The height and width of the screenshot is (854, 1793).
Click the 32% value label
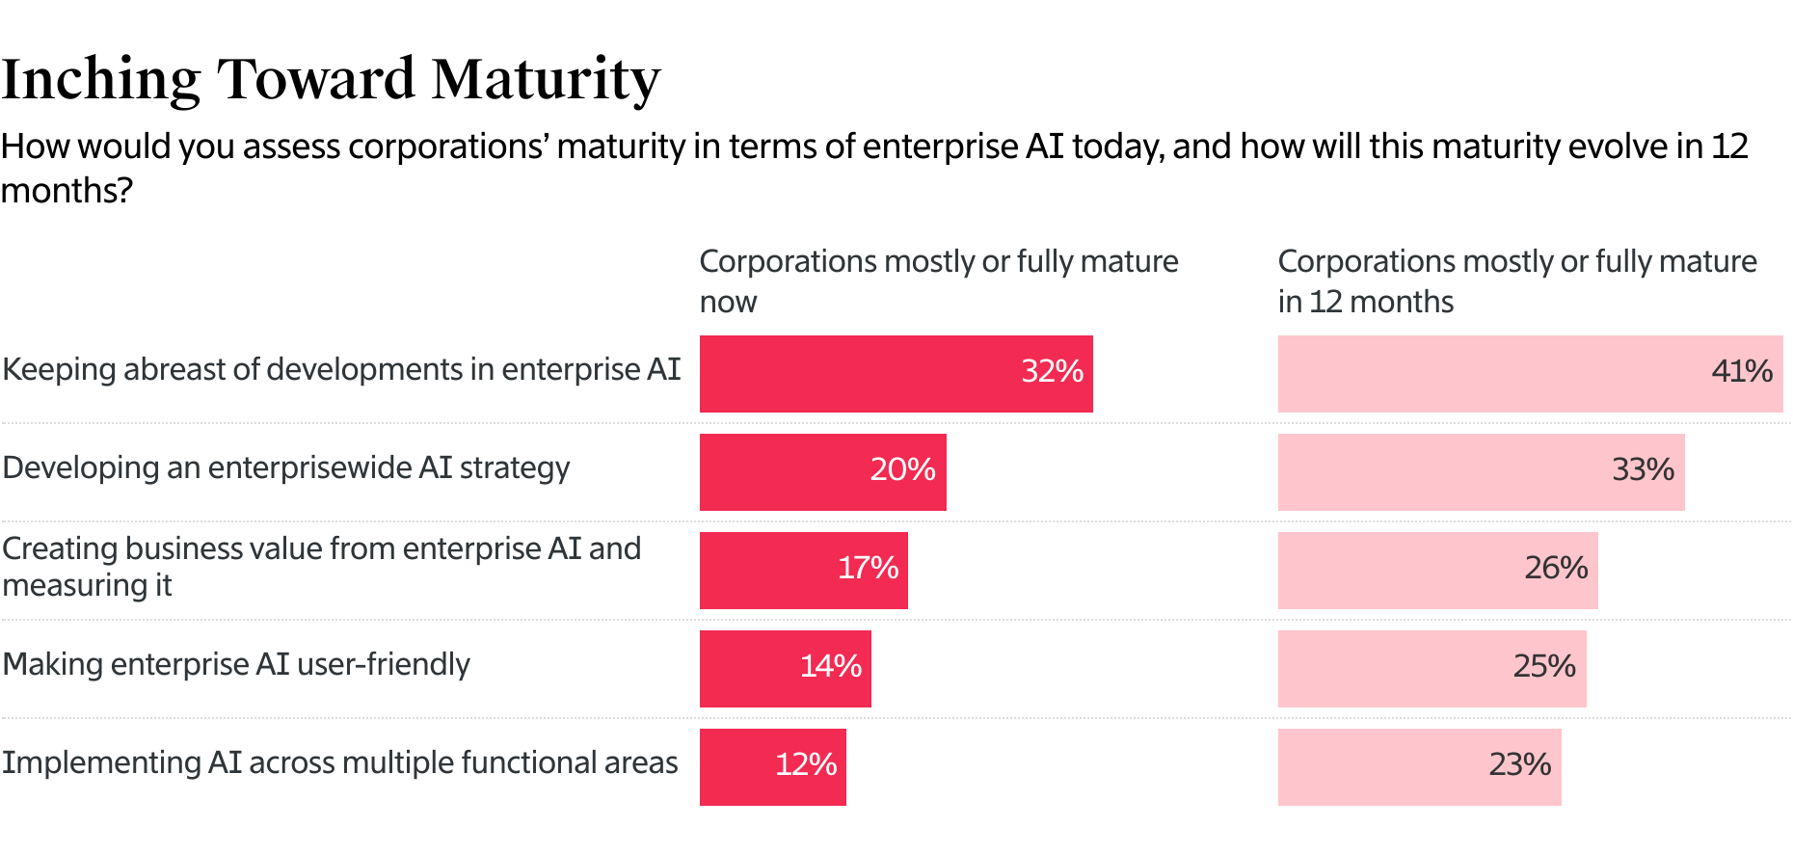click(1052, 372)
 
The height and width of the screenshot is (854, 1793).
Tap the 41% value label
click(1741, 372)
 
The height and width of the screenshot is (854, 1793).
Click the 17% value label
click(868, 569)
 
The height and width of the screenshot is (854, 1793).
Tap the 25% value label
click(1543, 667)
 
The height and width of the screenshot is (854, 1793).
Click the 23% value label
click(1519, 765)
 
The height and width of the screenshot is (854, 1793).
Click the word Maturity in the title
click(546, 80)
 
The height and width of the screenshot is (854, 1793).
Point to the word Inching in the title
click(100, 80)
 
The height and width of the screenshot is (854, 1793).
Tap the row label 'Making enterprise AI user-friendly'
click(236, 665)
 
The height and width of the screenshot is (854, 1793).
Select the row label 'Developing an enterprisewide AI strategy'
click(286, 468)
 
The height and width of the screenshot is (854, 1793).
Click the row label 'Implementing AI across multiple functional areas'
click(340, 763)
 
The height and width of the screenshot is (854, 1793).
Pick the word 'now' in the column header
click(728, 303)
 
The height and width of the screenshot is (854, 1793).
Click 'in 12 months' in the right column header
click(1365, 303)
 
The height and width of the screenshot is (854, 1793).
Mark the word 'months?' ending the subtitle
click(66, 191)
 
